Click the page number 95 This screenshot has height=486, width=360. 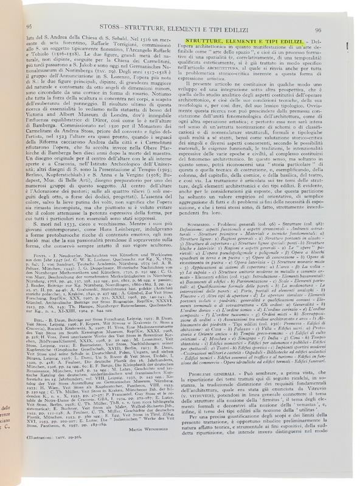click(x=29, y=27)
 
